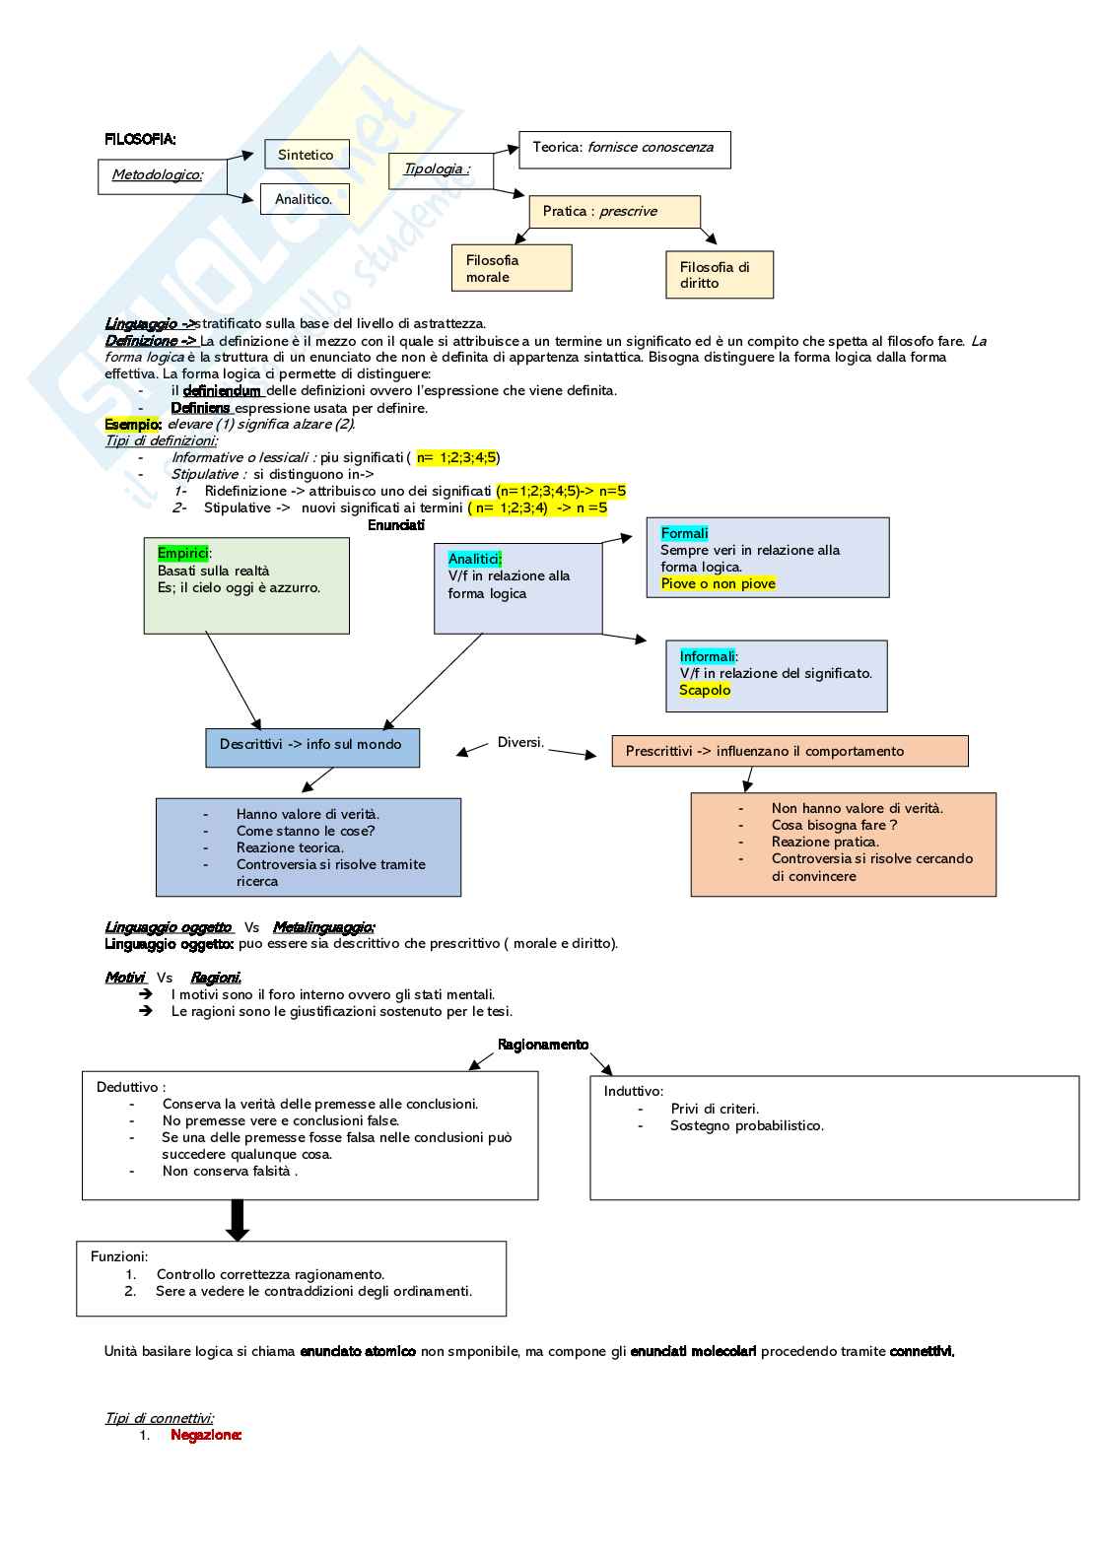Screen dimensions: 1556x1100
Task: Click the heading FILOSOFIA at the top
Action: [140, 140]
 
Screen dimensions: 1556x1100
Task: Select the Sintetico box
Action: [307, 155]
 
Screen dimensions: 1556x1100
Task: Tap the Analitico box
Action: [305, 199]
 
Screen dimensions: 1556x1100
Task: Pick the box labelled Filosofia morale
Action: [512, 268]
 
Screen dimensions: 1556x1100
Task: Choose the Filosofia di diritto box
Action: [719, 275]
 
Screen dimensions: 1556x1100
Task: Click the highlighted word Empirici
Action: [182, 554]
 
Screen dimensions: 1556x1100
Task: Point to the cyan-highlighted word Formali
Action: [684, 533]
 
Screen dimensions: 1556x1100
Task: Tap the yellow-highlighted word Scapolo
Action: [705, 690]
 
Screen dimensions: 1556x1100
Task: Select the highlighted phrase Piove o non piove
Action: [718, 583]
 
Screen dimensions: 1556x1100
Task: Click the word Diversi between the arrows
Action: [519, 742]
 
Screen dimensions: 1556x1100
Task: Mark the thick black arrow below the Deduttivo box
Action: [238, 1220]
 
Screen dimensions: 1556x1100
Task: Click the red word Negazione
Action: [206, 1435]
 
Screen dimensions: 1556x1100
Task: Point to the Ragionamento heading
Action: [543, 1045]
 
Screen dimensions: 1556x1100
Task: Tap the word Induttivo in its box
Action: [633, 1091]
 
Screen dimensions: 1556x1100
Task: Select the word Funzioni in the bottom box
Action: [119, 1256]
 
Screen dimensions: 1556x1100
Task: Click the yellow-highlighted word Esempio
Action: [133, 425]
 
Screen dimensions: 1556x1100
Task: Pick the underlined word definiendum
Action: [222, 391]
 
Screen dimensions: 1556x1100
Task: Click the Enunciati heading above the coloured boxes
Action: [396, 525]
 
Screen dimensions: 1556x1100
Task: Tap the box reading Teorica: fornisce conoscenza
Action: [624, 149]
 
